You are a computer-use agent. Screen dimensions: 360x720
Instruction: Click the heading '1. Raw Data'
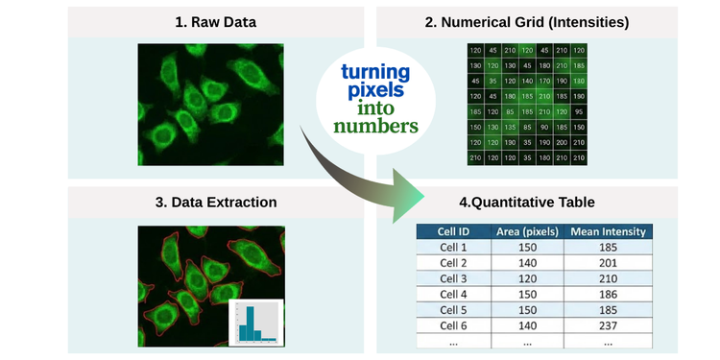click(x=216, y=21)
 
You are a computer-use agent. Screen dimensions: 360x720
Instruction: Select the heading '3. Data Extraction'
click(x=217, y=203)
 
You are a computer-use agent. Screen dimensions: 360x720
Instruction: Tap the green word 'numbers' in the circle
click(x=375, y=127)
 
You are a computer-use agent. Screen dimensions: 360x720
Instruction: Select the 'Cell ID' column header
click(x=454, y=231)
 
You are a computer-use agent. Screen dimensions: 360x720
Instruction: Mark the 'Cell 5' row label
click(x=454, y=310)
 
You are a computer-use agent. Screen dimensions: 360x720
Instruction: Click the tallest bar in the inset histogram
click(x=247, y=322)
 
